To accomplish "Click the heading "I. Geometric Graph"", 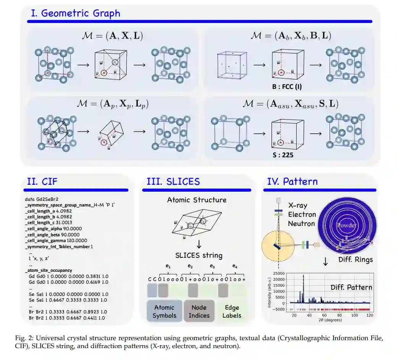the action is (75, 13).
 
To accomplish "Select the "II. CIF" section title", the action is (42, 181).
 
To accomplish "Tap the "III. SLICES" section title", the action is (173, 181).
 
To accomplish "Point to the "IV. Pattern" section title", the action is (292, 181).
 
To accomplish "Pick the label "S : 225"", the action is (283, 155).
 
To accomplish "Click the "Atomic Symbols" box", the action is (164, 311).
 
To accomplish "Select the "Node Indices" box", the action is (199, 311).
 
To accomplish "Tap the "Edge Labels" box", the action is (232, 311).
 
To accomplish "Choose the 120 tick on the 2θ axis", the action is (369, 316).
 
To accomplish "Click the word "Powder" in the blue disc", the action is (346, 226).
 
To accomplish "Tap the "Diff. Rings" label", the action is (356, 260).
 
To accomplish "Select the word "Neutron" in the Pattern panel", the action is (302, 223).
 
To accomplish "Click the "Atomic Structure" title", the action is (197, 200).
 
